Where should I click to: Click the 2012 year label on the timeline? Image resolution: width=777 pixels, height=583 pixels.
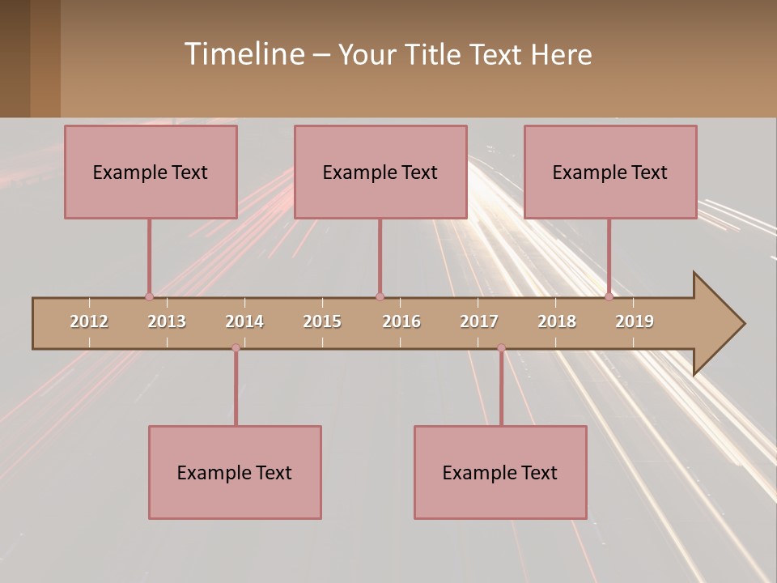(x=89, y=321)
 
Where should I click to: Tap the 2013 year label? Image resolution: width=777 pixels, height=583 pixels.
(x=167, y=321)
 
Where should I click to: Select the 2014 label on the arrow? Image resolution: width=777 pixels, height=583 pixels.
(x=244, y=321)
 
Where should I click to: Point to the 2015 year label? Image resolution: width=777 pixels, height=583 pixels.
(x=322, y=321)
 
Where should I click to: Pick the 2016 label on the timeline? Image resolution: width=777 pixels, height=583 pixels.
(x=401, y=321)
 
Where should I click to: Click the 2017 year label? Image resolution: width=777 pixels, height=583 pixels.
(x=479, y=321)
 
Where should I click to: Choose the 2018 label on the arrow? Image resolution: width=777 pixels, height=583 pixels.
(x=557, y=321)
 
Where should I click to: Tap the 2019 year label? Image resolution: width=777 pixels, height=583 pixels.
(x=635, y=321)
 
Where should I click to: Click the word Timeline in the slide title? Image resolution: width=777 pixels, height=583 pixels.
(x=243, y=54)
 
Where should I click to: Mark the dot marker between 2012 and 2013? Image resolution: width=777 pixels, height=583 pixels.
(x=149, y=296)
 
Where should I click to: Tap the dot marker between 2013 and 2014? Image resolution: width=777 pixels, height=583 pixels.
(x=236, y=348)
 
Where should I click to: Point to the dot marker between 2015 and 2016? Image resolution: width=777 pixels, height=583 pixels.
(x=380, y=296)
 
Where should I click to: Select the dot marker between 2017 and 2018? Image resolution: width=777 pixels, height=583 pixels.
(x=501, y=348)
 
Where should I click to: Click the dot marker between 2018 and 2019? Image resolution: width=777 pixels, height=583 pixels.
(x=609, y=296)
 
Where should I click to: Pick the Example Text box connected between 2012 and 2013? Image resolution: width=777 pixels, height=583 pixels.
(x=151, y=172)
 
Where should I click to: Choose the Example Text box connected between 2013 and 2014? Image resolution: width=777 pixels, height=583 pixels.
(x=235, y=472)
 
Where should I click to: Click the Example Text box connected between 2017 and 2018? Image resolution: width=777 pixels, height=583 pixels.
(x=500, y=472)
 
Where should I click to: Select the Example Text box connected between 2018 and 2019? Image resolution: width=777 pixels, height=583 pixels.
(x=610, y=172)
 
